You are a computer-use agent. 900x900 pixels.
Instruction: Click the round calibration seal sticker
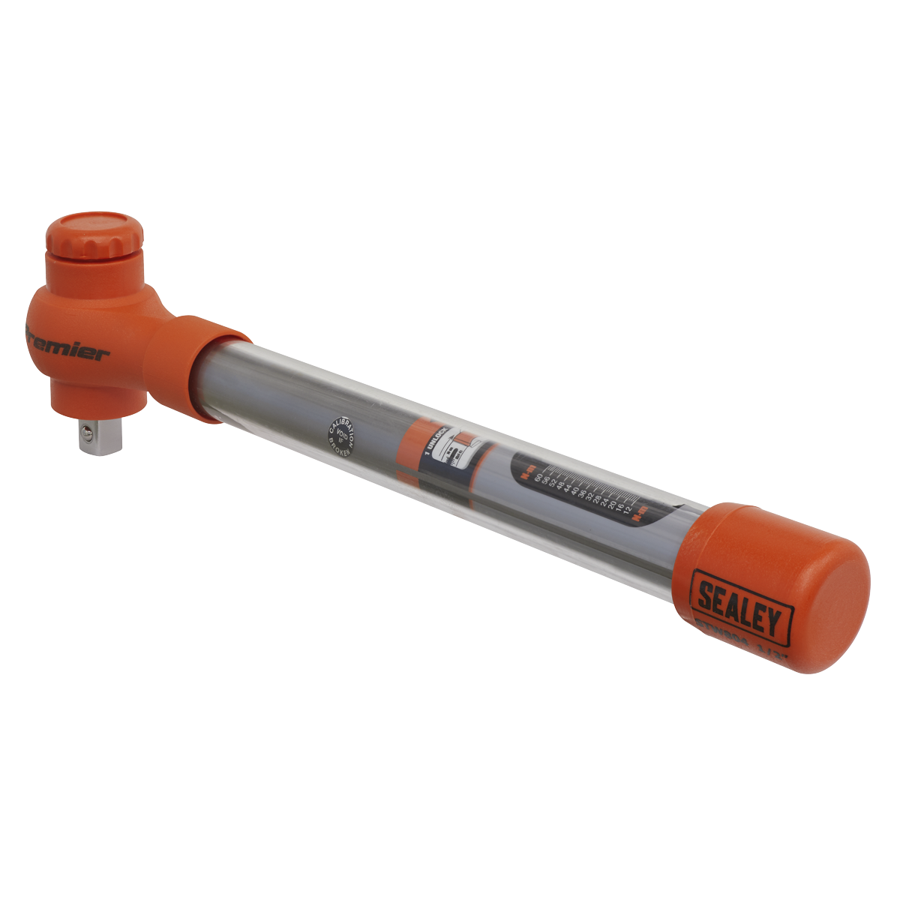pos(342,439)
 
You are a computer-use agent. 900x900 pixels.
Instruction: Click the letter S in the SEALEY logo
pos(706,595)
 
